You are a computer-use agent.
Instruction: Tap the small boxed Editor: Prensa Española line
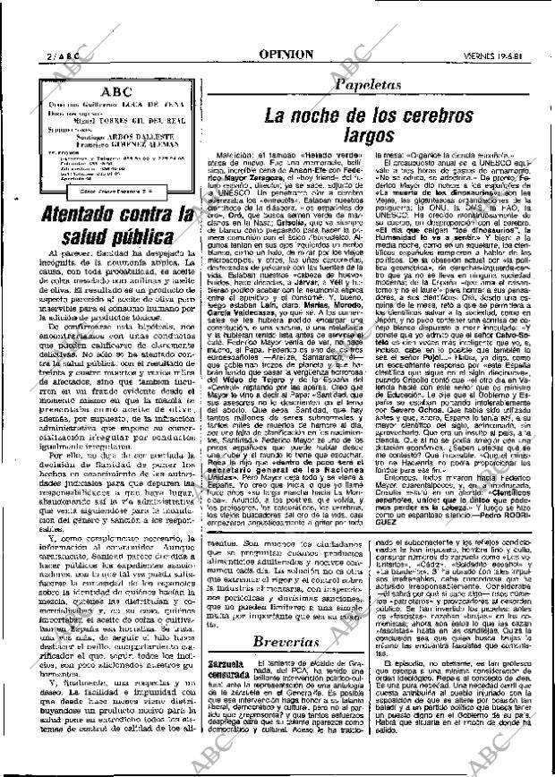[109, 191]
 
